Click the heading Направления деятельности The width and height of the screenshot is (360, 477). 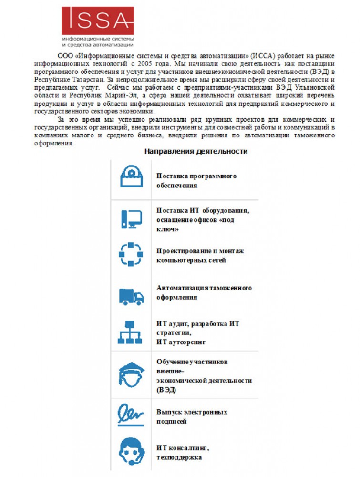tap(195, 151)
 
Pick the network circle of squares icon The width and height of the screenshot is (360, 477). tap(131, 254)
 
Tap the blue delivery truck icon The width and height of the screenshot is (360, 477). tap(131, 296)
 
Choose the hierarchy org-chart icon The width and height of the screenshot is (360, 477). tap(130, 332)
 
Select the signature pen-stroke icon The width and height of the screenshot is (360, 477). tap(131, 414)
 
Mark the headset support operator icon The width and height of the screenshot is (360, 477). tap(131, 451)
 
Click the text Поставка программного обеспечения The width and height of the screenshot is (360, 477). tap(196, 181)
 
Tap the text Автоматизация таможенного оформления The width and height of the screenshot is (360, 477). tap(204, 292)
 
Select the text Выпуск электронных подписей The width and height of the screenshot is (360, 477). tap(192, 416)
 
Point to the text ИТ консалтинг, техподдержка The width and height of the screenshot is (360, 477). tap(183, 453)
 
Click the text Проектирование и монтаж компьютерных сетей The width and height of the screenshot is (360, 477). tap(200, 255)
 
